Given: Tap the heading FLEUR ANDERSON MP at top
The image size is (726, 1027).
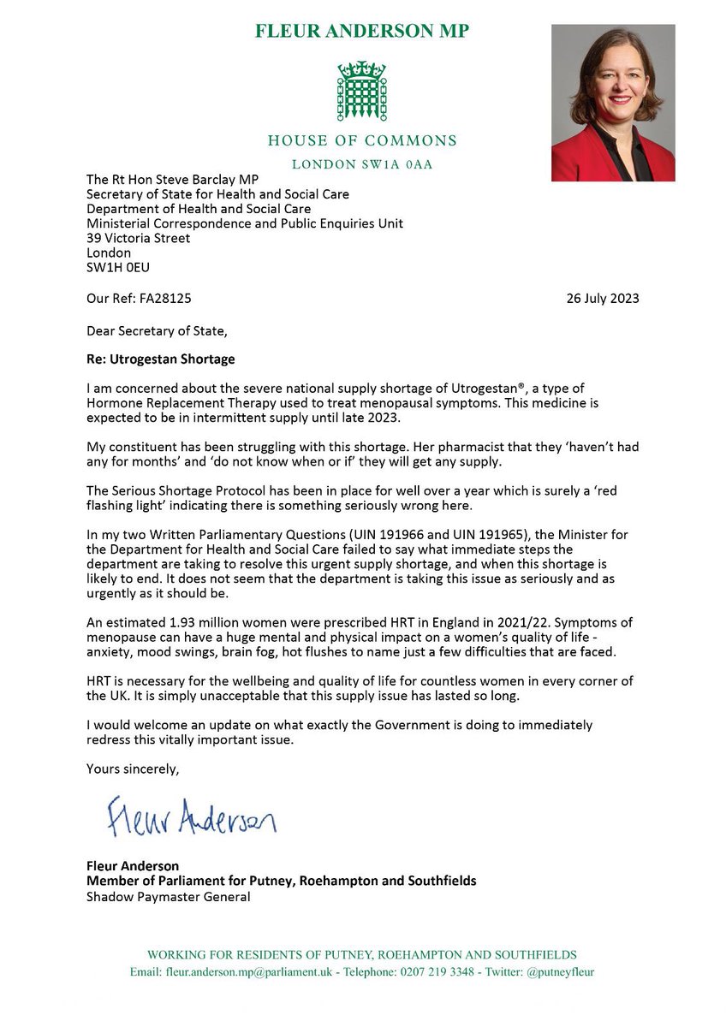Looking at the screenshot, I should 361,32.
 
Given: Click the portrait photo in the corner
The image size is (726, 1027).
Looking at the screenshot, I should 612,103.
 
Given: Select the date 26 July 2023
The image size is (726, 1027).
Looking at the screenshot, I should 603,299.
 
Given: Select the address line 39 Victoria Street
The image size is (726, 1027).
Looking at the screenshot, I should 138,239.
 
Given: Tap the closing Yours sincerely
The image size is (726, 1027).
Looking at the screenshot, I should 133,769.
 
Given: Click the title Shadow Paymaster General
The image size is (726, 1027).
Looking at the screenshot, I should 168,897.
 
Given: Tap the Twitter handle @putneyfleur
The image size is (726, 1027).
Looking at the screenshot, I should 556,971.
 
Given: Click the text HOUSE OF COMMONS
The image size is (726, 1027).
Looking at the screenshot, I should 361,140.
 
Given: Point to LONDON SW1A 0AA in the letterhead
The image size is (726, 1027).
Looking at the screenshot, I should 361,163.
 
